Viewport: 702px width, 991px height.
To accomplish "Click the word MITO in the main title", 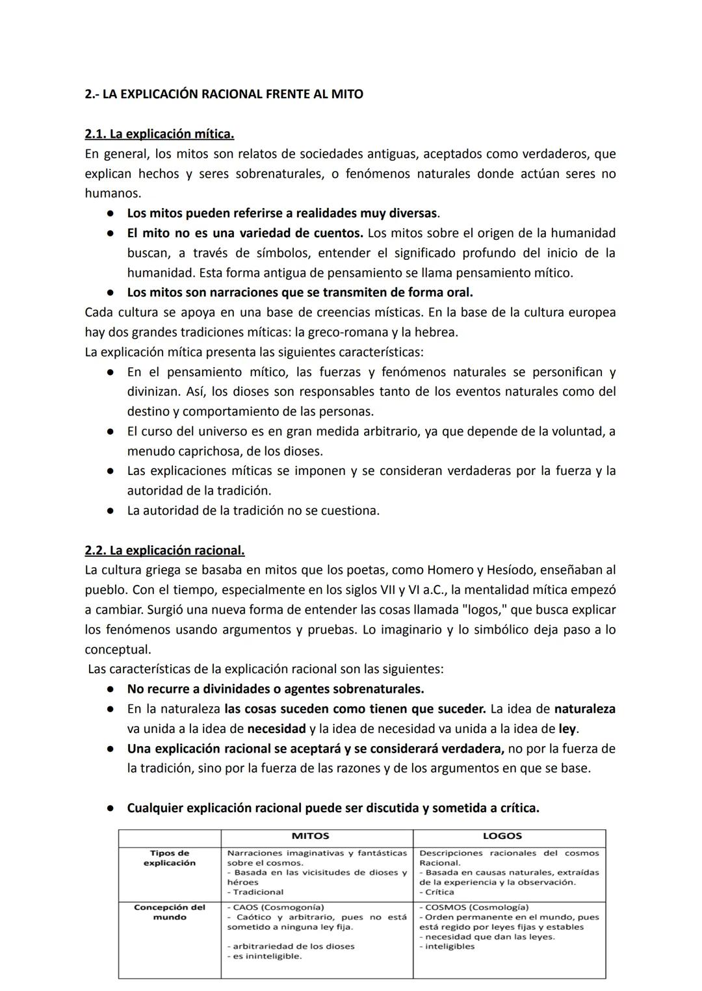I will point(346,94).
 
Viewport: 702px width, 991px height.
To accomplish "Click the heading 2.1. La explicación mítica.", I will point(159,135).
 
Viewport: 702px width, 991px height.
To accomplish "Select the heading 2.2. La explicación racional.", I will point(164,550).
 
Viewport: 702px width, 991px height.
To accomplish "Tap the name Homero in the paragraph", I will point(450,570).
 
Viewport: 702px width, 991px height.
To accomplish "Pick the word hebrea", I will point(438,332).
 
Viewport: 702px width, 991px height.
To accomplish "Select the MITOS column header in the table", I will point(310,836).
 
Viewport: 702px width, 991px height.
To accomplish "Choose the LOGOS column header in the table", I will point(502,836).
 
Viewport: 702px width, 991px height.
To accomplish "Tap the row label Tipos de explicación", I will point(170,858).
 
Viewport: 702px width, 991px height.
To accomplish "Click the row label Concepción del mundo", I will point(170,912).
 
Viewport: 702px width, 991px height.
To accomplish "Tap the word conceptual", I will point(118,649).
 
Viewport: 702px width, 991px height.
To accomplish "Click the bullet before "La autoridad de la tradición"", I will point(111,511).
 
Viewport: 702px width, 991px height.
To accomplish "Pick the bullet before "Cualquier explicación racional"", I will point(111,808).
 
